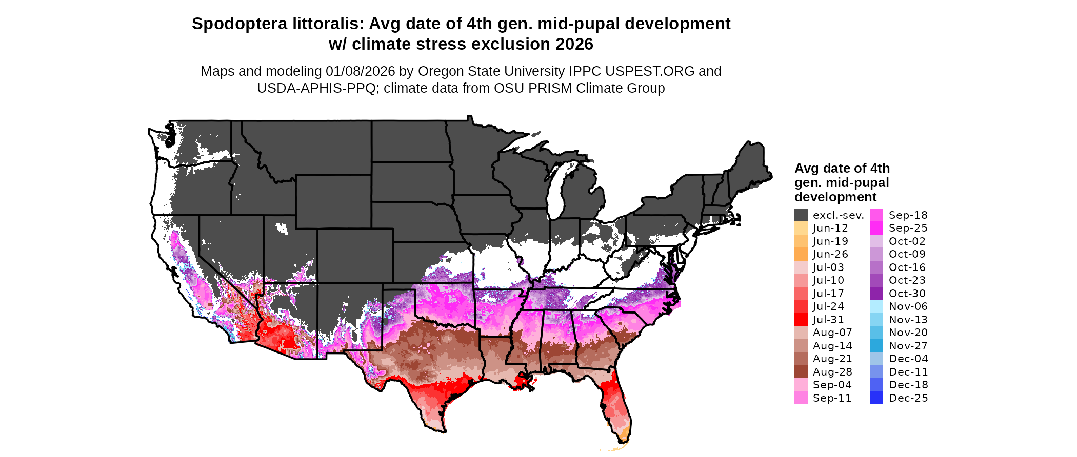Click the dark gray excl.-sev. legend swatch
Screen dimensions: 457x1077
coord(801,215)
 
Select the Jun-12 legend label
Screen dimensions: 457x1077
coord(830,228)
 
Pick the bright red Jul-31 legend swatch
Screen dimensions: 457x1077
coord(801,320)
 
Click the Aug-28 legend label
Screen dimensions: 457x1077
coord(832,372)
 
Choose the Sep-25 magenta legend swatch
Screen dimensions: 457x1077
coord(877,228)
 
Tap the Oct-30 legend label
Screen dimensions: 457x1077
coord(907,294)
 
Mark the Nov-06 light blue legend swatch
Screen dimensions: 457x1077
coord(877,306)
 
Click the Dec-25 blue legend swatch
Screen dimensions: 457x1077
coord(877,398)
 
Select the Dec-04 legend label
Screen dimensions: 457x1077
coord(908,359)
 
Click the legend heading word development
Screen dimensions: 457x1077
coord(835,197)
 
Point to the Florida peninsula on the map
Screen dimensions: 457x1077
coord(618,405)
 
